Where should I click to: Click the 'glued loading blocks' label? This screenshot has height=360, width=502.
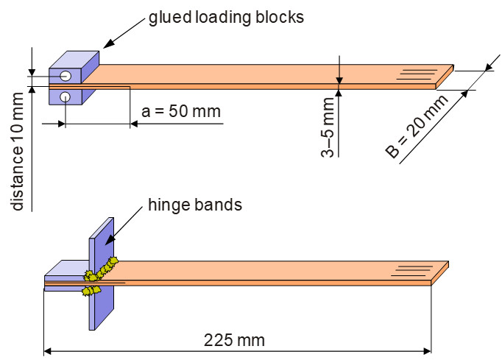point(226,17)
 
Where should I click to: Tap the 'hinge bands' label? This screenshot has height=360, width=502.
point(195,205)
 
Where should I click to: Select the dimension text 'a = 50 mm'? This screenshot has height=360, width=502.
point(181,111)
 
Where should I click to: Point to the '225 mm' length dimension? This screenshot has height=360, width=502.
point(234,340)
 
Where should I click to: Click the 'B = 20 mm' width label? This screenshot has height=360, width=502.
point(417,127)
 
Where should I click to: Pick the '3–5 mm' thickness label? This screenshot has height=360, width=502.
point(328,127)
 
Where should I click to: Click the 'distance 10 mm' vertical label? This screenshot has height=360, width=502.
point(17,152)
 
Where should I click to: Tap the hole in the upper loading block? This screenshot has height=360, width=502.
point(66,76)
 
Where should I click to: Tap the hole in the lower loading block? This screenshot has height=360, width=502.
point(65,96)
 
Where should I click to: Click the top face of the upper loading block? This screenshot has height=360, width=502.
point(74,60)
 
